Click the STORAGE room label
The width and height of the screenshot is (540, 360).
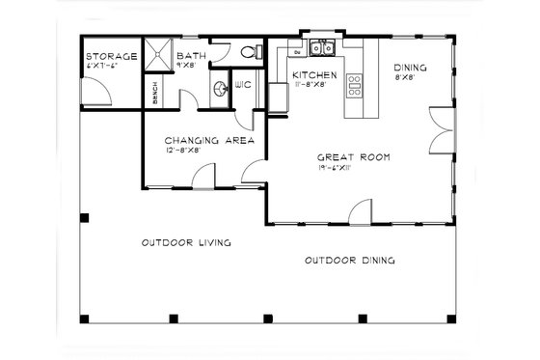tap(110, 56)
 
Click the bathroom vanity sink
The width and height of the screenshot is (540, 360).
tap(222, 90)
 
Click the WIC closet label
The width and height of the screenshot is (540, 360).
tap(244, 83)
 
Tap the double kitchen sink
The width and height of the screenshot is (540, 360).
tap(322, 48)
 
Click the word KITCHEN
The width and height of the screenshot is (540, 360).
tap(313, 74)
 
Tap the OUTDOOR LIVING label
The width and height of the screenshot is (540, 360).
tap(185, 243)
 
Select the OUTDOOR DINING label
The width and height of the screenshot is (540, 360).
tap(349, 261)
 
